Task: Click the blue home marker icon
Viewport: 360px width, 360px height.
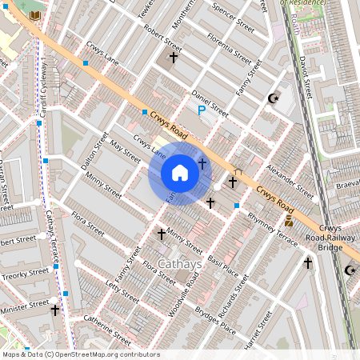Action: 180,173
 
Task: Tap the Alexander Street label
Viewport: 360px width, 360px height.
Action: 290,181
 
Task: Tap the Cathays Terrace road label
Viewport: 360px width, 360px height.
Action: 50,238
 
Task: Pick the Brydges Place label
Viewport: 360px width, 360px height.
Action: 217,322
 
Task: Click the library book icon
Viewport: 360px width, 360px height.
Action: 34,15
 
